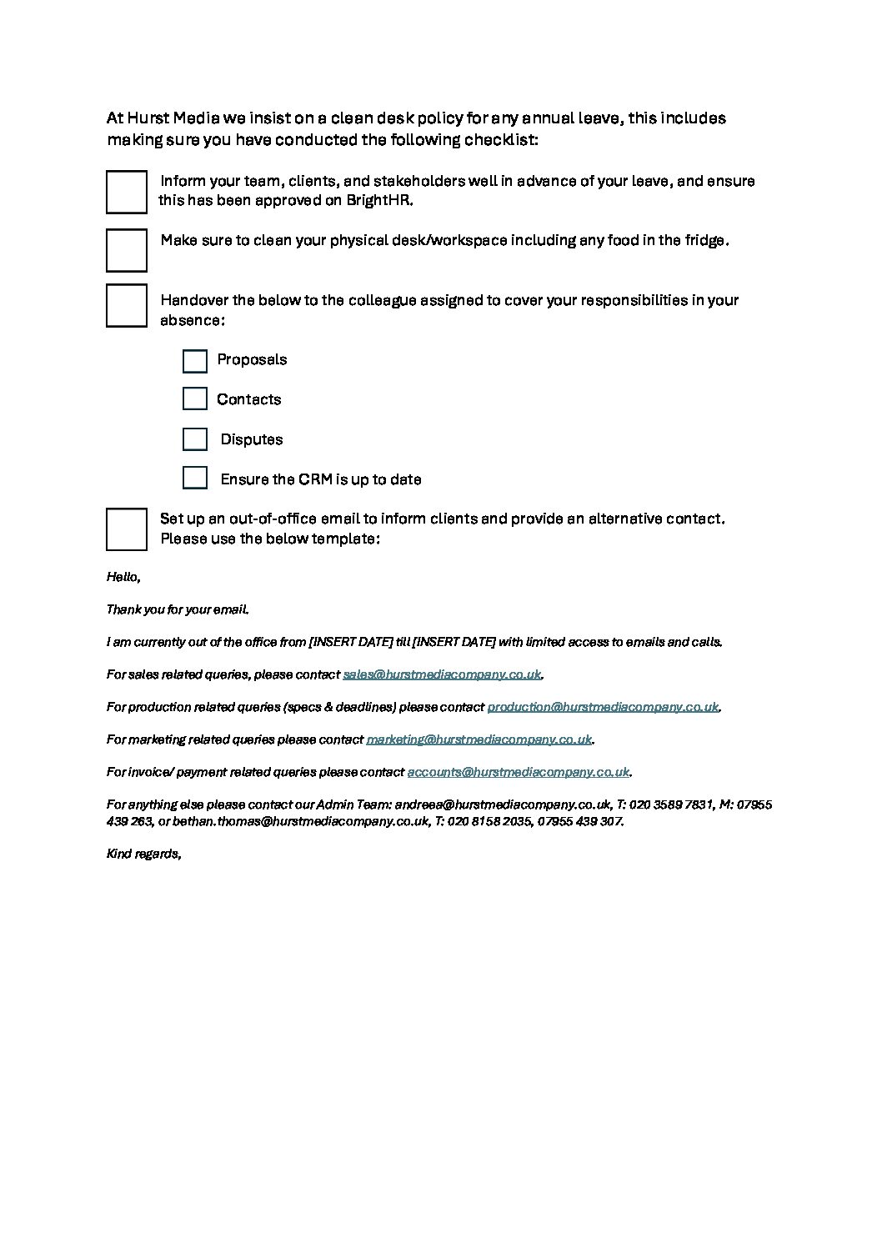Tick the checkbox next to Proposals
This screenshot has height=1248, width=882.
pos(194,361)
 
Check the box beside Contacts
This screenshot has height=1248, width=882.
pos(194,398)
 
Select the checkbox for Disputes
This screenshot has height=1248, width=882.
pos(194,439)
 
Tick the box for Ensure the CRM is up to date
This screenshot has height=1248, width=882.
pos(194,478)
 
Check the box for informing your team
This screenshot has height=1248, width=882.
pos(127,192)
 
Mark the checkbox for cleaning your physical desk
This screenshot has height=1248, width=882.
pos(127,250)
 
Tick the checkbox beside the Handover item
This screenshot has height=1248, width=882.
pos(127,305)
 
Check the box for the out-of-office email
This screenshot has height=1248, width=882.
pos(127,529)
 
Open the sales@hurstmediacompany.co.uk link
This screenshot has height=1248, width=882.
pos(442,674)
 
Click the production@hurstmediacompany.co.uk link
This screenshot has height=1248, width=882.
pos(602,707)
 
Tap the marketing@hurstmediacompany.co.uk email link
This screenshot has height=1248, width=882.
pos(479,739)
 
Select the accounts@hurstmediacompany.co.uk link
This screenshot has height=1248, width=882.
pos(518,772)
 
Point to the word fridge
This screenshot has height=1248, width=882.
pos(704,241)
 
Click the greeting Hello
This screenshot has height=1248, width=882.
pos(123,577)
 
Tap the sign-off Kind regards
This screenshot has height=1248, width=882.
pos(143,854)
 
